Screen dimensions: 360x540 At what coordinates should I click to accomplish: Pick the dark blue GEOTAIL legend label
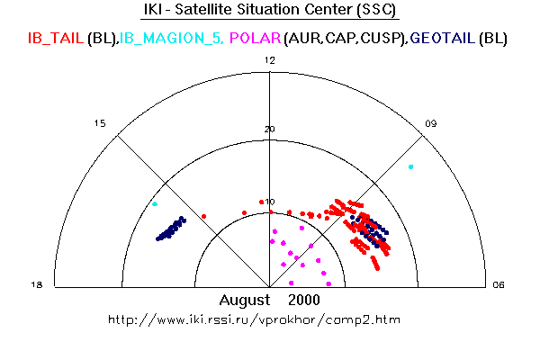[445, 39]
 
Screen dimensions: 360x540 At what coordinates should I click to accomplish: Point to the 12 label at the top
[269, 60]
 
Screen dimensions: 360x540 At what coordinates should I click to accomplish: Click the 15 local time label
[100, 123]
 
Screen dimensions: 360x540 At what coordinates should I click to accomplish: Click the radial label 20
[269, 129]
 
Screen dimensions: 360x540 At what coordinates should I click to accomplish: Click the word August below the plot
[246, 299]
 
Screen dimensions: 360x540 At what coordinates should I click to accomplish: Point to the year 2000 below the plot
[303, 299]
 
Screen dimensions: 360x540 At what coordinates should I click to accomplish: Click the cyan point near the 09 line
[411, 166]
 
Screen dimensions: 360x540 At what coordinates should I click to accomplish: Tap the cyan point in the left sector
[155, 203]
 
